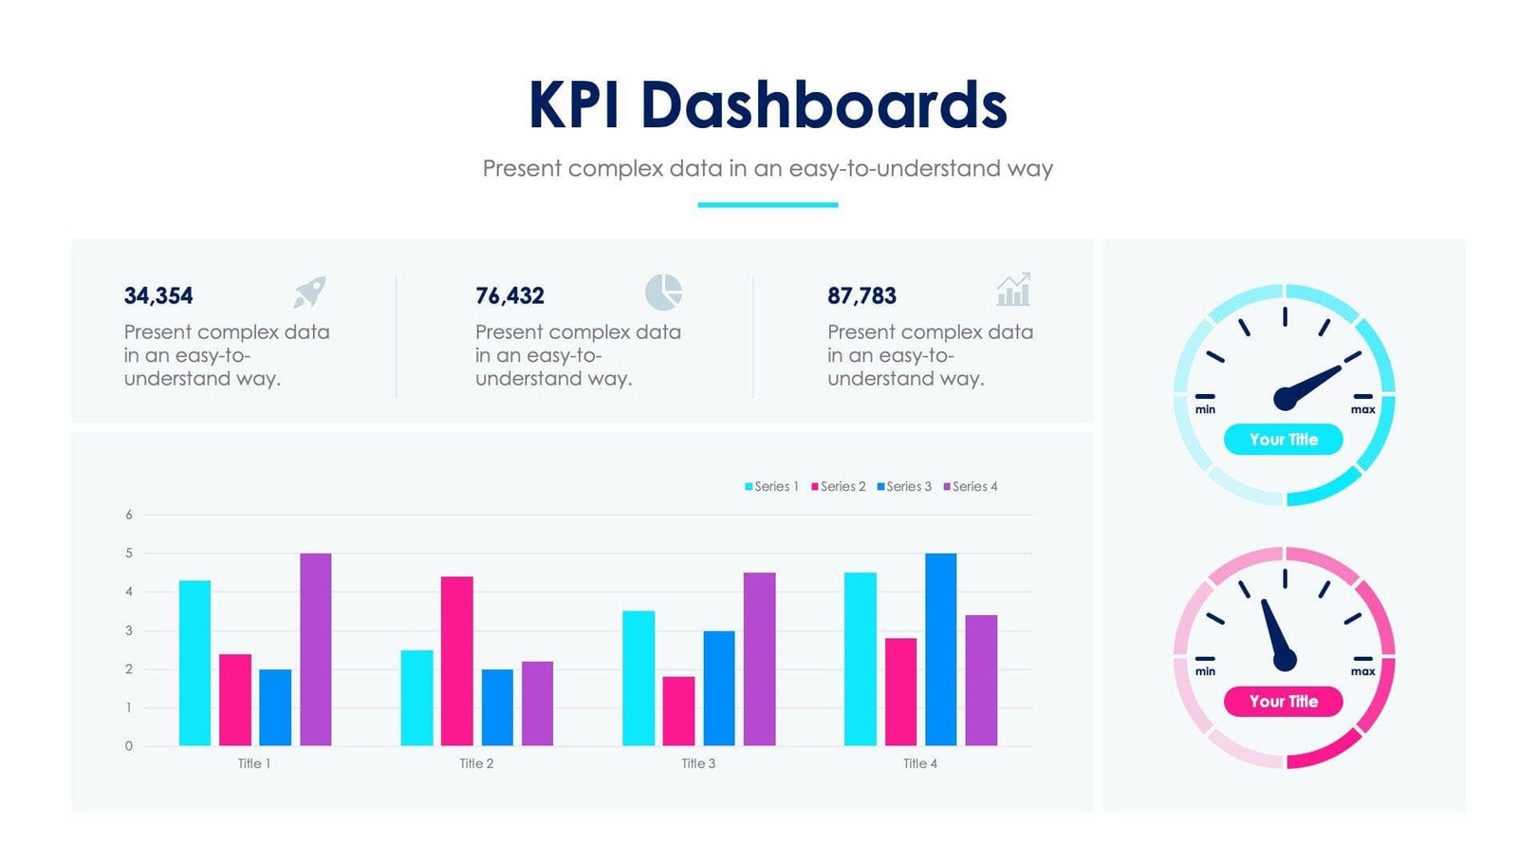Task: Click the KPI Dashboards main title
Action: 767,104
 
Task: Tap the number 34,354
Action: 158,296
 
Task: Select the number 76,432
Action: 509,296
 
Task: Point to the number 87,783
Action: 861,296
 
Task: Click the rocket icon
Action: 309,291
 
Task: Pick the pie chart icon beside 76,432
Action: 663,291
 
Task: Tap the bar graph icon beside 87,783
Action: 1013,291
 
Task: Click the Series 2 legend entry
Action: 839,486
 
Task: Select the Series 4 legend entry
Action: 971,486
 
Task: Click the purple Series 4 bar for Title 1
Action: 316,649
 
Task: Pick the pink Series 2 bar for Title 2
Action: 456,661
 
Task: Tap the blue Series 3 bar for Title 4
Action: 940,649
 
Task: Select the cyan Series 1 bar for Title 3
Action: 639,678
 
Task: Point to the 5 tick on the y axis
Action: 129,553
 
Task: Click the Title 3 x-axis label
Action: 698,763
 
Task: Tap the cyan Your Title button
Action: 1283,440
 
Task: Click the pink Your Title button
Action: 1283,702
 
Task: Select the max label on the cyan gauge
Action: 1362,409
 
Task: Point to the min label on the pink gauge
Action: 1205,671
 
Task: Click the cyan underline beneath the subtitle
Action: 768,204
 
